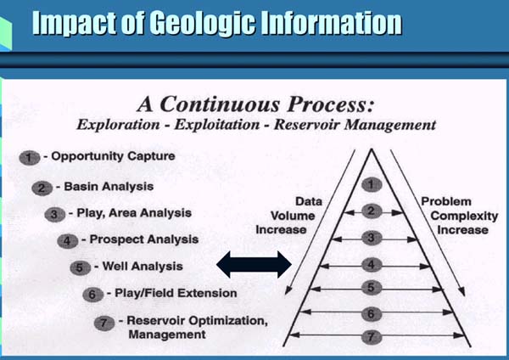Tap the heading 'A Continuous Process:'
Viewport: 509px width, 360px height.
tap(256, 104)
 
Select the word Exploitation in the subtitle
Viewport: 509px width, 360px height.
tap(217, 125)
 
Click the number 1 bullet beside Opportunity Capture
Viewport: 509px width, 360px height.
tap(30, 158)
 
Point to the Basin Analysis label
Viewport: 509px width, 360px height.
tap(109, 187)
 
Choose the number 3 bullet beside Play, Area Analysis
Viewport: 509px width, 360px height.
tap(54, 215)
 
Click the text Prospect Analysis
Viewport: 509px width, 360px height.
tap(144, 239)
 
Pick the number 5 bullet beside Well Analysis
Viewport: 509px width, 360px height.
tap(80, 268)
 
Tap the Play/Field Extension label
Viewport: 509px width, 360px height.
tap(176, 293)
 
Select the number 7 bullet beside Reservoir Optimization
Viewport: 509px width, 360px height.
tap(104, 323)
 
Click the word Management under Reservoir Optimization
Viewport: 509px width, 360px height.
tap(167, 335)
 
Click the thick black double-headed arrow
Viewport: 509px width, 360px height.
tap(254, 264)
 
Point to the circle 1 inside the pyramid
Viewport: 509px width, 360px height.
tap(372, 185)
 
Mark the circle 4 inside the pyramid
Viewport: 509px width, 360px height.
tap(372, 265)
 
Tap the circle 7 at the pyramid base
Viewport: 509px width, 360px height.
tap(372, 336)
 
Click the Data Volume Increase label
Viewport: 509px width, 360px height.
tap(289, 216)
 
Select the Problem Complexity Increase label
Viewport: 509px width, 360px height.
tap(459, 216)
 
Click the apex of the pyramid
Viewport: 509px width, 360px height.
tap(372, 149)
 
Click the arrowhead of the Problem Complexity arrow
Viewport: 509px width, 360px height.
tap(462, 291)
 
